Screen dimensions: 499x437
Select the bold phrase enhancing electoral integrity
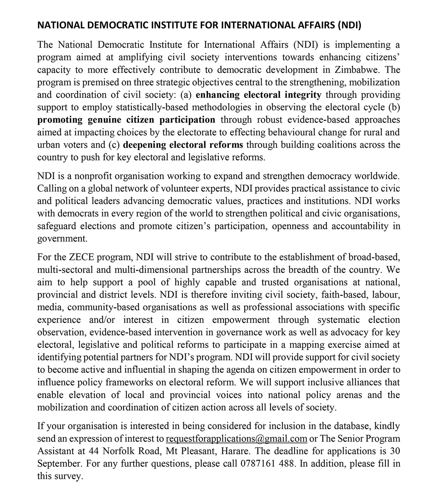(258, 95)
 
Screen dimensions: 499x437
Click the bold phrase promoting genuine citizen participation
(126, 120)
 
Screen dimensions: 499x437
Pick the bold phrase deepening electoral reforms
(183, 145)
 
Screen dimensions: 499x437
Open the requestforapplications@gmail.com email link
(236, 439)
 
